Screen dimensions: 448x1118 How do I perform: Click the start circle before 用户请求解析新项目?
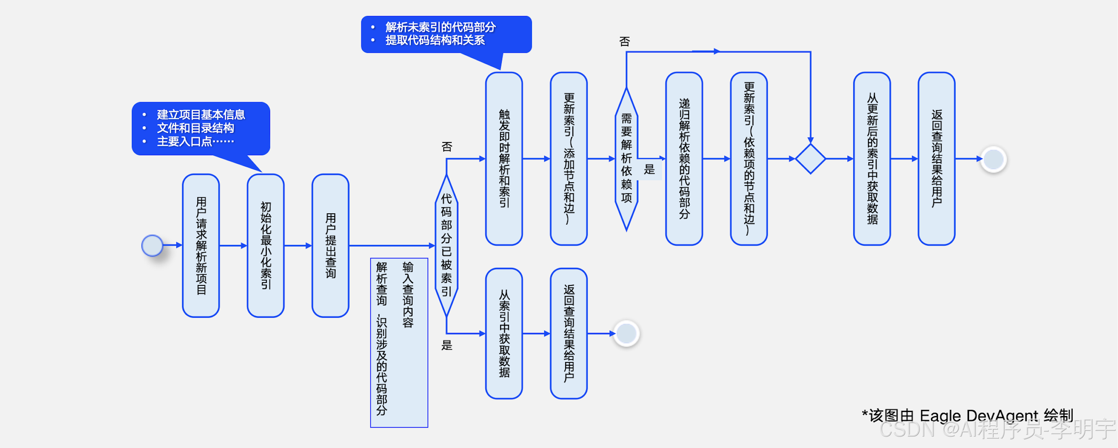152,246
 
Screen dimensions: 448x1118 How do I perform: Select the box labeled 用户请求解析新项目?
201,246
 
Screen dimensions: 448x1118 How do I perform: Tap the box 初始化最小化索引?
266,246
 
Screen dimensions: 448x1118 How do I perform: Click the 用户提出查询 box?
330,246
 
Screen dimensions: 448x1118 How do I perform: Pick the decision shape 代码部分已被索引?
446,246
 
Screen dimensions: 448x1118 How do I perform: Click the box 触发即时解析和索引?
504,159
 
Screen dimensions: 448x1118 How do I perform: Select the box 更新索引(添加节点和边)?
568,159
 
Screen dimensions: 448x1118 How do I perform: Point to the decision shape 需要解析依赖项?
626,159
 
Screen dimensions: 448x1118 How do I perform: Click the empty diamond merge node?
810,159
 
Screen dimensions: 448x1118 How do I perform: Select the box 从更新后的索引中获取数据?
872,159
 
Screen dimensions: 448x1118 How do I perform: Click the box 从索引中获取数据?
504,333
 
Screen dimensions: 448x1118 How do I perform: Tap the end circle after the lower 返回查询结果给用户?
626,333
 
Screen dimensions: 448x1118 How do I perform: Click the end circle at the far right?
994,159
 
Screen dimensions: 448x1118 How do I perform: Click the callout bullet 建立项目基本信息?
201,115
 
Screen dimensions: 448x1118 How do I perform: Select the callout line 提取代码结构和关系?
435,41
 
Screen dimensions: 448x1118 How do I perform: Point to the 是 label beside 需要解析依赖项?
649,169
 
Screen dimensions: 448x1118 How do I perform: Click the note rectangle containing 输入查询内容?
399,342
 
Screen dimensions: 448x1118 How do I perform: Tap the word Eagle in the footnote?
940,415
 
